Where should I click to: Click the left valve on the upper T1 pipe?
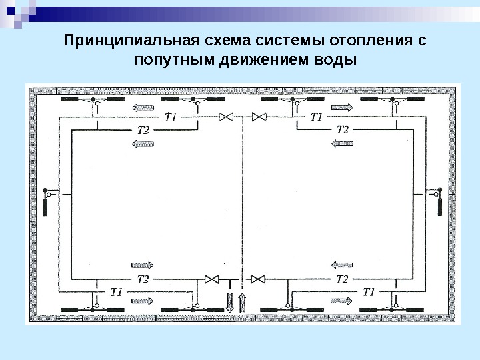pyautogui.click(x=226, y=117)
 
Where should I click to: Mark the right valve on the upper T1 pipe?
pyautogui.click(x=259, y=117)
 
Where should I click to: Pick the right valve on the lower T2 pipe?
pyautogui.click(x=256, y=279)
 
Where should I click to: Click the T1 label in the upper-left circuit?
pyautogui.click(x=169, y=117)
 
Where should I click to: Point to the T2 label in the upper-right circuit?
pyautogui.click(x=342, y=129)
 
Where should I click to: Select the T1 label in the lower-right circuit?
pyautogui.click(x=370, y=291)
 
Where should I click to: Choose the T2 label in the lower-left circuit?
pyautogui.click(x=143, y=278)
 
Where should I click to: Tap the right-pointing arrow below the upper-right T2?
pyautogui.click(x=343, y=143)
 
